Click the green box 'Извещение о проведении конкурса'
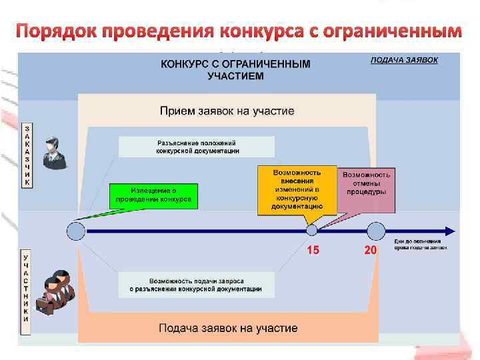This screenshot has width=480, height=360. pos(154,195)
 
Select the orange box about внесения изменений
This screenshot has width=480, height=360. pos(297,189)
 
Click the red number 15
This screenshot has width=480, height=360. pos(313,251)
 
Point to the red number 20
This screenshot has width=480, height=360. pos(371,251)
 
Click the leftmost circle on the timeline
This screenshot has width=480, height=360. pos(76,231)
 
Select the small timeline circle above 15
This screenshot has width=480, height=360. pos(311,230)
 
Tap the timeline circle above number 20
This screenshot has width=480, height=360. pos(377,231)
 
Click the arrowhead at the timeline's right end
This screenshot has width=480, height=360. pos(450,231)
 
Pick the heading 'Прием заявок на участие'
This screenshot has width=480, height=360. pos(227,110)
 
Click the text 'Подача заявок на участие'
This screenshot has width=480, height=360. pos(228,328)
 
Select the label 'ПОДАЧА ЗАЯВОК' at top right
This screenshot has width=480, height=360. pos(405,60)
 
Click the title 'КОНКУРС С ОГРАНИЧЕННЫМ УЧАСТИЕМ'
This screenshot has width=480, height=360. pos(235,70)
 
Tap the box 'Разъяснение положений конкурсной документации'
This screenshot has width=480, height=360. pos(196,147)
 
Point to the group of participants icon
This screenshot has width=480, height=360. pos(53,291)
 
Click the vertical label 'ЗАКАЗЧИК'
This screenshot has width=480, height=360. pos(27,154)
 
